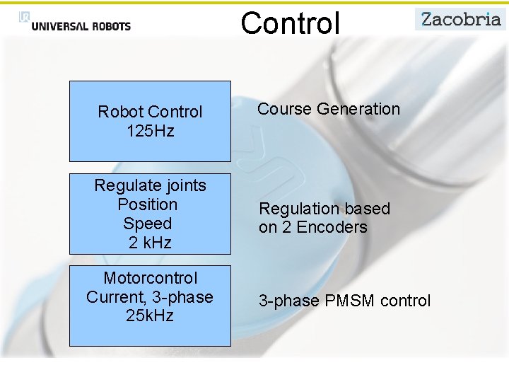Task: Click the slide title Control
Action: pyautogui.click(x=290, y=23)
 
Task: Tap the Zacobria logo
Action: pyautogui.click(x=460, y=19)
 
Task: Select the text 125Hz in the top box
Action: pyautogui.click(x=150, y=131)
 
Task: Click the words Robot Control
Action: pyautogui.click(x=150, y=112)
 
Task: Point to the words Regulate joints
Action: pyautogui.click(x=150, y=185)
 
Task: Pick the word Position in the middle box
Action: pyautogui.click(x=148, y=204)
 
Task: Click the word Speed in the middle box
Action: pyautogui.click(x=148, y=224)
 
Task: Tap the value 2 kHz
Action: pyautogui.click(x=150, y=243)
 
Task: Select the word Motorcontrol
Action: pyautogui.click(x=150, y=278)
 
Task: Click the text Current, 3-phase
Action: pyautogui.click(x=150, y=297)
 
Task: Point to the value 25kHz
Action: pyautogui.click(x=150, y=316)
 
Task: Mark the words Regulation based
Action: pyautogui.click(x=324, y=209)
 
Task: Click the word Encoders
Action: pyautogui.click(x=332, y=227)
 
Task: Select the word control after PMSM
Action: pyautogui.click(x=405, y=301)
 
